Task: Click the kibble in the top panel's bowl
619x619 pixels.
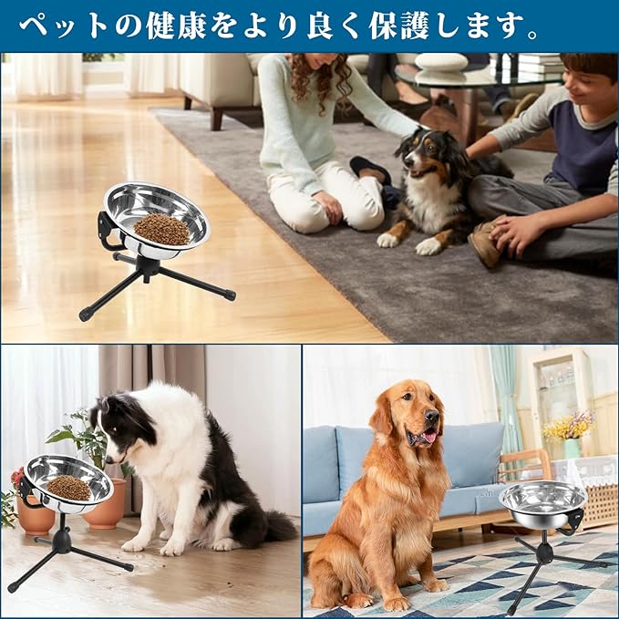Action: pyautogui.click(x=161, y=230)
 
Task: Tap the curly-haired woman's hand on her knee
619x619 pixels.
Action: pyautogui.click(x=330, y=208)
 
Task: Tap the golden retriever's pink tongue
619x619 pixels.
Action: pyautogui.click(x=427, y=438)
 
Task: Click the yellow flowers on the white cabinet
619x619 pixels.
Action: pyautogui.click(x=568, y=425)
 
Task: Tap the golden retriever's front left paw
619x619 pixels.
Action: pyautogui.click(x=395, y=602)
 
